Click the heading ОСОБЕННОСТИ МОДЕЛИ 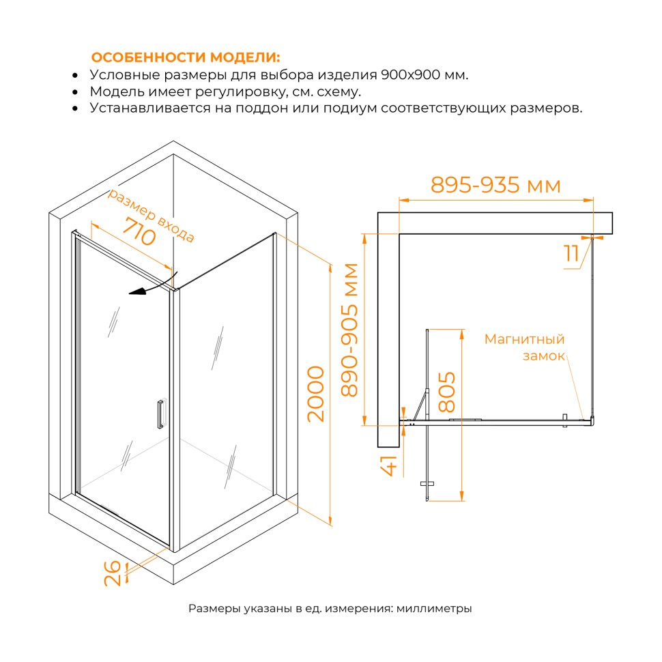186,57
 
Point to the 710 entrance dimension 139,231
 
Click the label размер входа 151,215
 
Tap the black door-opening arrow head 136,292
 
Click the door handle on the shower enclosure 161,414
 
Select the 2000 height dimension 316,394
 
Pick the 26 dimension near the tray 113,573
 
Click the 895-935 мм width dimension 495,185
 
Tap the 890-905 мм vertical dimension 349,330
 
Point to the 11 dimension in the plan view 571,253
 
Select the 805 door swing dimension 447,392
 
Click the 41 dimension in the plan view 389,465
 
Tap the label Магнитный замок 524,347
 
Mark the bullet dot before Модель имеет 75,92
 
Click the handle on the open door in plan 427,483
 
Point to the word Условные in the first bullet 124,74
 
